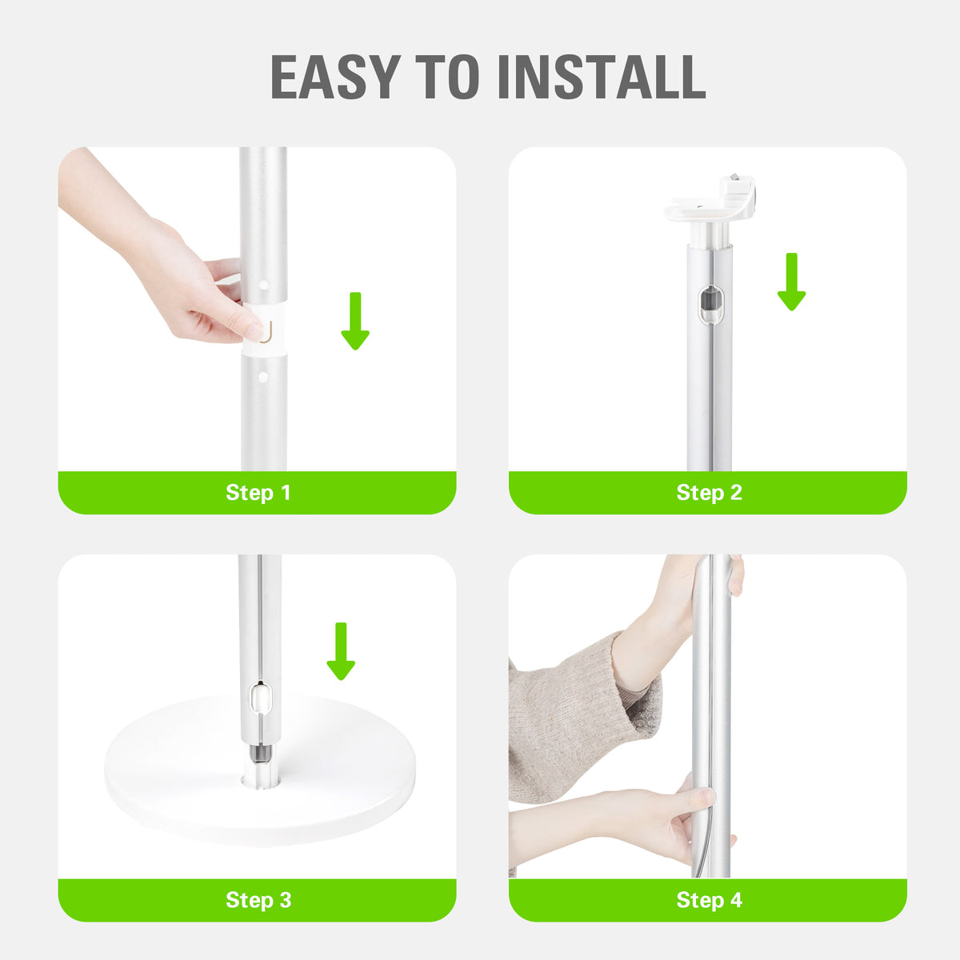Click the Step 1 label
pos(258,493)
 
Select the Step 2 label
pos(709,493)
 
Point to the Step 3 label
pos(258,900)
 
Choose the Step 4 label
pos(709,900)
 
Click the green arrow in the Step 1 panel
pos(354,321)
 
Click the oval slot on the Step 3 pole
pos(260,697)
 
